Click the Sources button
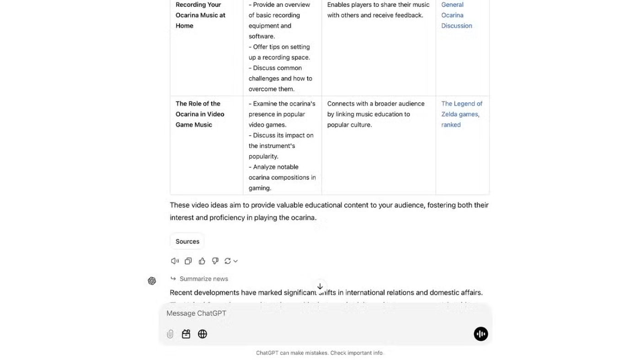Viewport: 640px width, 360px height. [187, 241]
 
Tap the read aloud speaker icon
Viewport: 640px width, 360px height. [175, 261]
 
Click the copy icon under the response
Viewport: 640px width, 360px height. [188, 261]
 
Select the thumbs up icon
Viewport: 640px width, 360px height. [202, 261]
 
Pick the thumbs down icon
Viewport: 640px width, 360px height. [215, 261]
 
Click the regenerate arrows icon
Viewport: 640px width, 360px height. [228, 261]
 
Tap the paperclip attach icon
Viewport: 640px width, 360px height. [170, 334]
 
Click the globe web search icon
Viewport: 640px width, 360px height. [203, 334]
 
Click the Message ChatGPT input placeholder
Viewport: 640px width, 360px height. [197, 313]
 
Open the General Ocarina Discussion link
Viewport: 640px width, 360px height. [456, 15]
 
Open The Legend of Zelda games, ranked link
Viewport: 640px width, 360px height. [461, 114]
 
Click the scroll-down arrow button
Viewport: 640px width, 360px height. [320, 286]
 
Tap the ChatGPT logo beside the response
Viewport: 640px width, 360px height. [152, 281]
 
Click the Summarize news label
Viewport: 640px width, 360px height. [203, 279]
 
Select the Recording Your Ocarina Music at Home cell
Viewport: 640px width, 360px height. [200, 15]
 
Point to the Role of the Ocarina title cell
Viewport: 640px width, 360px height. [200, 114]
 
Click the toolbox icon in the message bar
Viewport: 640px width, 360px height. [186, 334]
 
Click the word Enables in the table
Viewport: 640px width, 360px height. [338, 5]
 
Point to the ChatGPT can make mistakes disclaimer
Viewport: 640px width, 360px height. [319, 353]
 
